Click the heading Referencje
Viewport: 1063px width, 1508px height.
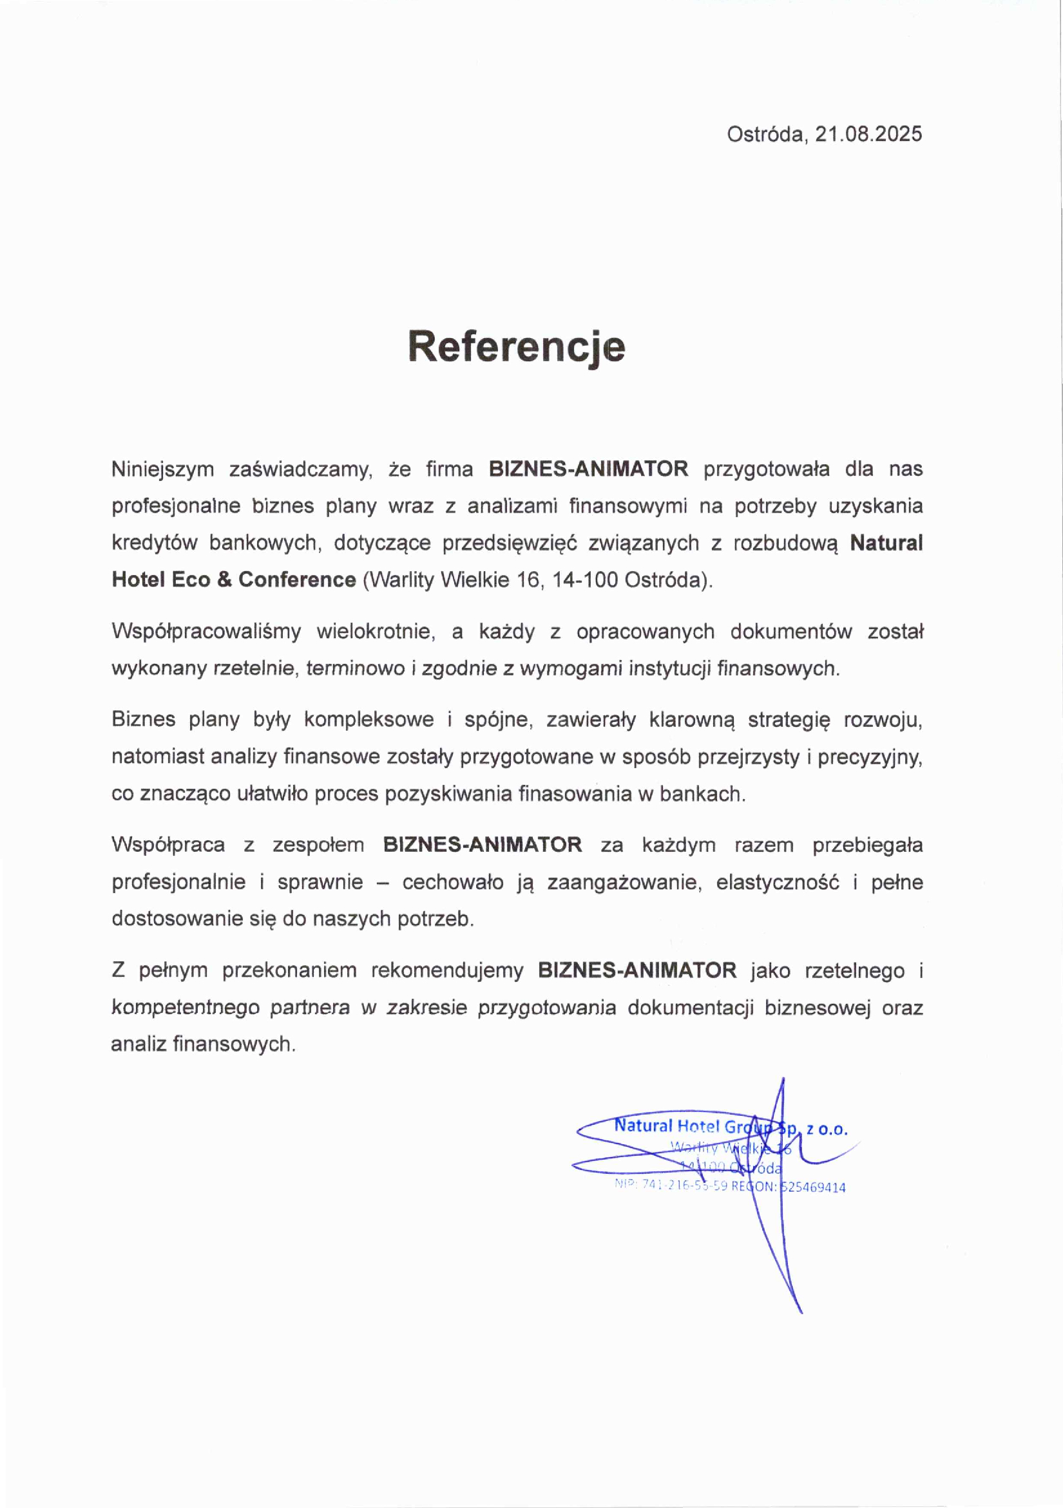pos(517,346)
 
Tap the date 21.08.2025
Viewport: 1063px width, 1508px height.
pos(868,134)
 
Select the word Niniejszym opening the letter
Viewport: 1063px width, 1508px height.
pos(162,469)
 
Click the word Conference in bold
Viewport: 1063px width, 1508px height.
pos(297,580)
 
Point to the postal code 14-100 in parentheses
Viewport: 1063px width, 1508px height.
pos(584,580)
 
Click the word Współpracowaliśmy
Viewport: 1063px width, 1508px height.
pos(206,631)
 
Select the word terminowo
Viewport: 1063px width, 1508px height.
pos(356,668)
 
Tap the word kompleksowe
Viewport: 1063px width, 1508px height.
pos(369,719)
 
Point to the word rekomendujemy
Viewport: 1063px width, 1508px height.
pos(446,970)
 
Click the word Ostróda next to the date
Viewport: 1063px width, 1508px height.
pos(765,134)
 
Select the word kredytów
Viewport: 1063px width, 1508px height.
pos(155,543)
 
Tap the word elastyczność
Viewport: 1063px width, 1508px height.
pos(778,881)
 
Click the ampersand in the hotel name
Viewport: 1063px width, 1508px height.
pos(224,580)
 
